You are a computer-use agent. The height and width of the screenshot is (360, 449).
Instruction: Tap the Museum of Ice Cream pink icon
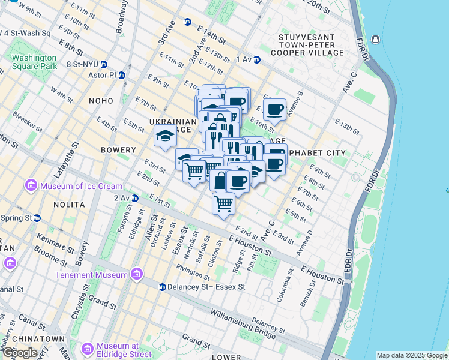coord(30,187)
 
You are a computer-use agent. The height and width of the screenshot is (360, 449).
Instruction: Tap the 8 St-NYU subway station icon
coord(104,64)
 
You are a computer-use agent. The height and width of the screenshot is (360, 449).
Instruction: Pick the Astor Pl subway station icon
coord(122,76)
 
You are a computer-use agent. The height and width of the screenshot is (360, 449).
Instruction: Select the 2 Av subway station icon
coord(135,197)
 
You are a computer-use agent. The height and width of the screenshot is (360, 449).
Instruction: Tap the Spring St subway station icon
coord(37,218)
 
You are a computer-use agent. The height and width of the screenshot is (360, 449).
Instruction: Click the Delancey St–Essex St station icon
coord(162,287)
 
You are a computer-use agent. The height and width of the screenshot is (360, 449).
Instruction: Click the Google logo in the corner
coord(19,353)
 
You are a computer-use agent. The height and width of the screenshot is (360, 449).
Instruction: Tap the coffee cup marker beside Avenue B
coord(274,110)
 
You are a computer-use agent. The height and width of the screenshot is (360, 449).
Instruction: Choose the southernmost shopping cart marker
coord(223,204)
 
